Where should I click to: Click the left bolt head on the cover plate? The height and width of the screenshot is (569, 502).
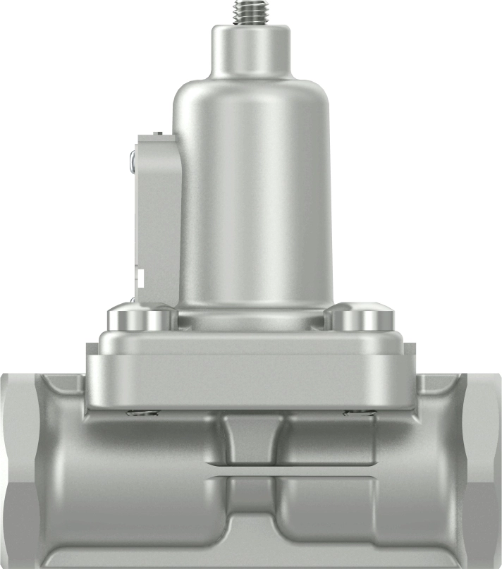click(x=140, y=319)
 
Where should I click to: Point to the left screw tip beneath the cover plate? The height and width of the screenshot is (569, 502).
click(x=140, y=413)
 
